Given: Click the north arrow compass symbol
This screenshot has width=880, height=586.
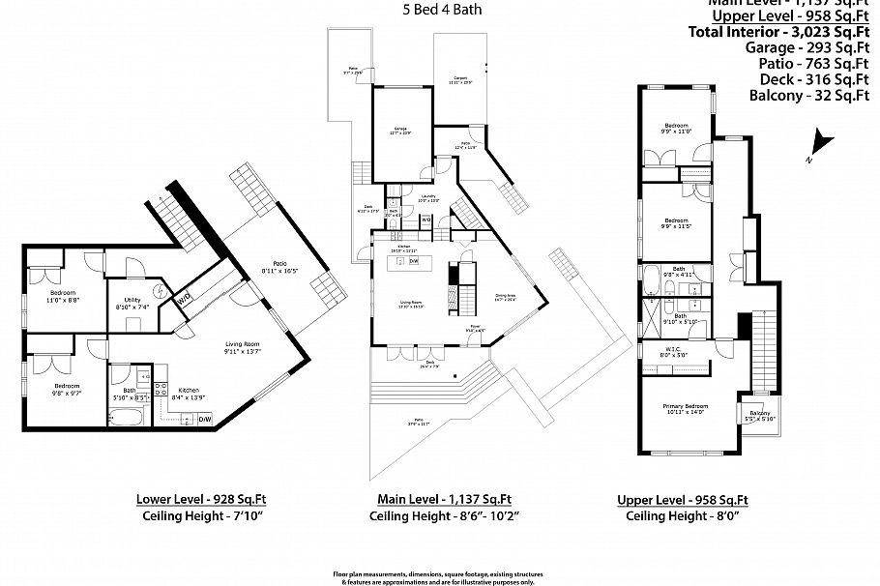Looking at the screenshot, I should (822, 142).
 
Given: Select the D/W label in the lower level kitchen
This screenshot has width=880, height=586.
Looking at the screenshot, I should (204, 419).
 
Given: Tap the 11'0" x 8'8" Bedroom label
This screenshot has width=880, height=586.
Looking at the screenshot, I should (63, 296).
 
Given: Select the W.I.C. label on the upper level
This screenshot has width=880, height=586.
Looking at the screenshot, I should (674, 351).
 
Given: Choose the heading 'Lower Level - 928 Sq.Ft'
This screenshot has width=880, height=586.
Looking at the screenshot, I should (201, 500).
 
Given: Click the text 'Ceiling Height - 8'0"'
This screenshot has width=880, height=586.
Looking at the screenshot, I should (683, 516).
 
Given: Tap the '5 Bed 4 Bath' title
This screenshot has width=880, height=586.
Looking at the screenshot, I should (441, 11).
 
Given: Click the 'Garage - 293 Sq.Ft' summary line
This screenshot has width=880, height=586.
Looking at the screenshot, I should (792, 47).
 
